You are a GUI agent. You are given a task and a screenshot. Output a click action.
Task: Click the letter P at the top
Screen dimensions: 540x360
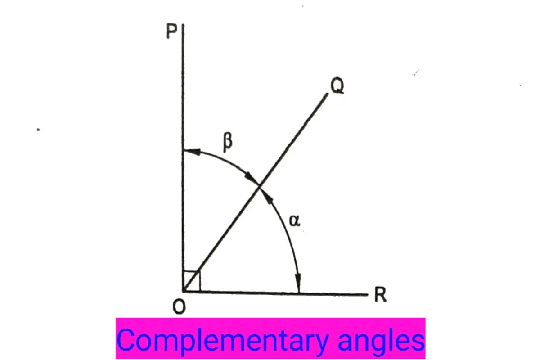171,31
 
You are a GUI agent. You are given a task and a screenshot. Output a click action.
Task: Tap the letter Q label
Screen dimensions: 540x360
337,85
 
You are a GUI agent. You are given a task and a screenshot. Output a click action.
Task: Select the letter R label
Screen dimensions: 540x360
380,294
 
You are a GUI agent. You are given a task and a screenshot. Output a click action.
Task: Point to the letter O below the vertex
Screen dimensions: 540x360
179,307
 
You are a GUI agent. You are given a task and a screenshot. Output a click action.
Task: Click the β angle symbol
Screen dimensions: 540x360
228,143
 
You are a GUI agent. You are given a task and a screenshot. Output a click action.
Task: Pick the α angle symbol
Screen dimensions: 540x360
295,220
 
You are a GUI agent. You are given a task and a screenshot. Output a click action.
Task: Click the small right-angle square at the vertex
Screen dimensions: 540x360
192,281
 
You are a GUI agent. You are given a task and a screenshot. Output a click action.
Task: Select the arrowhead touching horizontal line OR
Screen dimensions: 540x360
298,283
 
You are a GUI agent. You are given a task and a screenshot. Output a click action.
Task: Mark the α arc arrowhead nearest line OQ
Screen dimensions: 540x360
267,195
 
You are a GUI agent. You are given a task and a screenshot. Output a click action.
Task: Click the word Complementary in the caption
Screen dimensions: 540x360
222,341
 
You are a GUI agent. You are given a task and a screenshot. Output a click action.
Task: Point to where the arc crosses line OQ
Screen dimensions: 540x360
259,186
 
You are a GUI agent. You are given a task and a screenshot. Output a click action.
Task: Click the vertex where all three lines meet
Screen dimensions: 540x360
184,291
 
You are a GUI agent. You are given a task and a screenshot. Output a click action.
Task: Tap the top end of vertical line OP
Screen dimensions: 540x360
183,24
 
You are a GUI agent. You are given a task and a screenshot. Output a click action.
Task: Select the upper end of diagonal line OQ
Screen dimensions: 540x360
327,94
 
